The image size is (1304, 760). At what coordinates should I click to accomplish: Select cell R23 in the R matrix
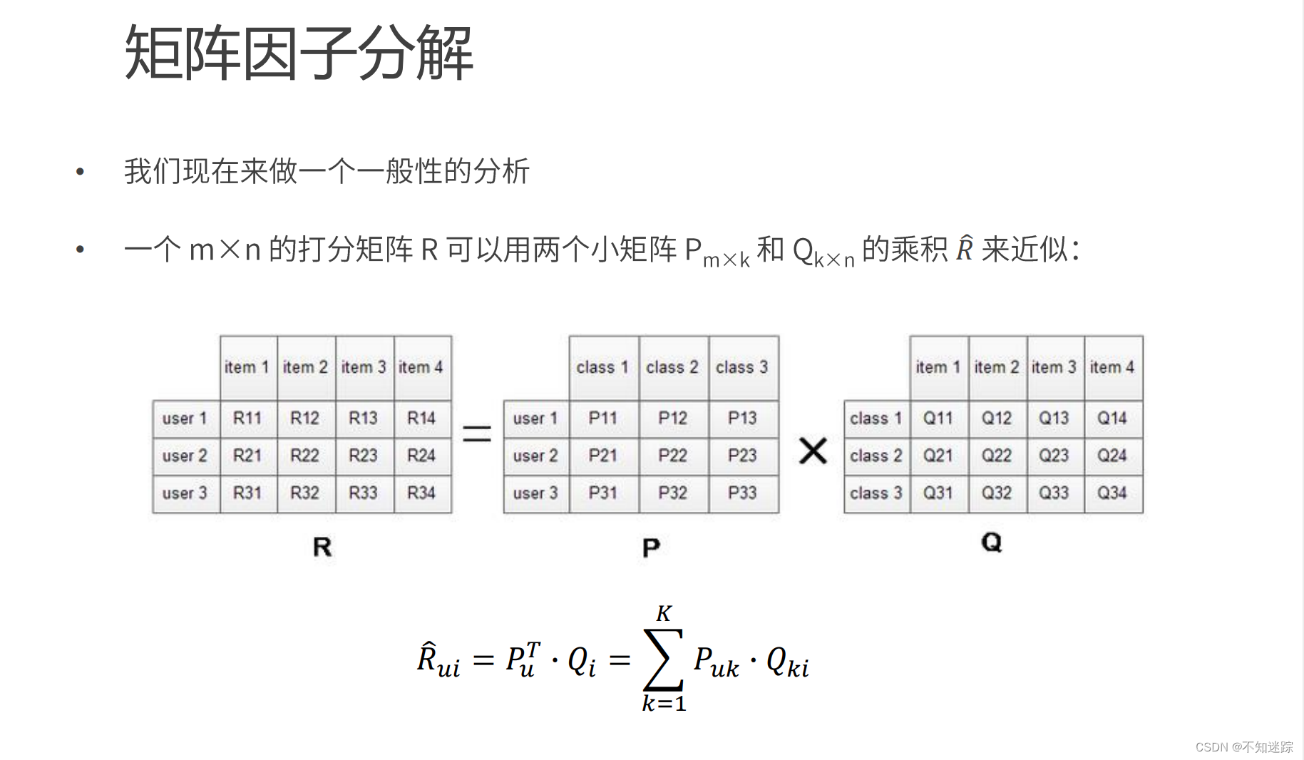[x=363, y=456]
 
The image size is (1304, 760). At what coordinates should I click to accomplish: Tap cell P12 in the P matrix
[x=672, y=418]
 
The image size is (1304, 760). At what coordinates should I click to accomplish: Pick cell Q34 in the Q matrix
[x=1112, y=493]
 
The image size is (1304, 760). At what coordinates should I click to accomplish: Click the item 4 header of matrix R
[x=421, y=367]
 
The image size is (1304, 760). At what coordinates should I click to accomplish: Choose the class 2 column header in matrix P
[x=672, y=367]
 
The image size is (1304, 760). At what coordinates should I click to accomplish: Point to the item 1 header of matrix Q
[x=938, y=367]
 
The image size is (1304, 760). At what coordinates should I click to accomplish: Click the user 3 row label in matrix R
[x=185, y=493]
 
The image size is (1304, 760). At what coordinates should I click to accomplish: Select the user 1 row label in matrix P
[x=535, y=418]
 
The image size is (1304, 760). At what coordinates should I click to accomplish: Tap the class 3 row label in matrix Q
[x=876, y=493]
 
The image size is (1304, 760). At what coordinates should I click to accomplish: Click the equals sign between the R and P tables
[x=477, y=433]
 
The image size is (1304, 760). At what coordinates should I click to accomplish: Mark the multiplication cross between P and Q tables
[x=813, y=451]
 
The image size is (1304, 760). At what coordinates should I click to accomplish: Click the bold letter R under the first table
[x=322, y=548]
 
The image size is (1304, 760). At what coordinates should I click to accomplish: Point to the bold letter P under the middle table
[x=651, y=548]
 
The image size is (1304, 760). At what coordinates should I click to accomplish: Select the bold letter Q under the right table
[x=991, y=543]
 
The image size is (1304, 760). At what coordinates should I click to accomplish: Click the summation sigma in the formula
[x=663, y=659]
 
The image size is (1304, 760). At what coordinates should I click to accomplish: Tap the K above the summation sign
[x=664, y=614]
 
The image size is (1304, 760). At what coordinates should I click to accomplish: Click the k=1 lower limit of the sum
[x=664, y=704]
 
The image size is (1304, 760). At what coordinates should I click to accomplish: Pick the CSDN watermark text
[x=1243, y=746]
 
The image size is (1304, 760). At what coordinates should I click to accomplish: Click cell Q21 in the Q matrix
[x=938, y=456]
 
